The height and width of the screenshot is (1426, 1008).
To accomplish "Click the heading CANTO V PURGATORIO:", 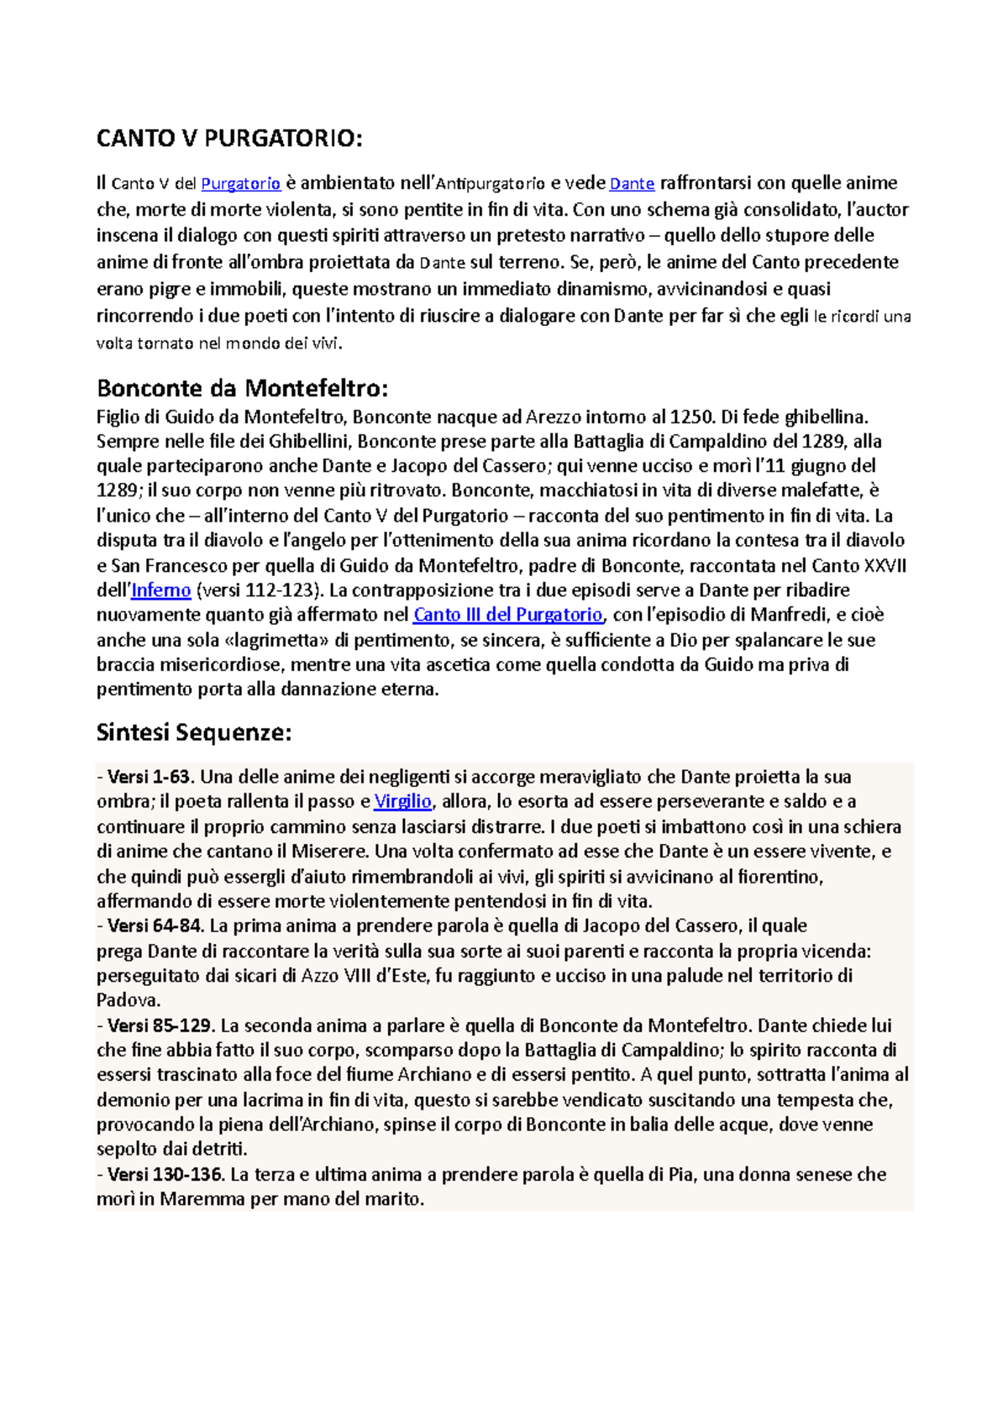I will [229, 139].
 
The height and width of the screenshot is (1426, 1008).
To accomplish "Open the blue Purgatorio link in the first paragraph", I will [240, 184].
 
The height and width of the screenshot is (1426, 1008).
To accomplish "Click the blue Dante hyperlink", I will [632, 184].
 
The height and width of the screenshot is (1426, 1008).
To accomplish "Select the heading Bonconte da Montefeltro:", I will [243, 388].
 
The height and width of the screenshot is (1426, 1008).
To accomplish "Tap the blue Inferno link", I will [161, 590].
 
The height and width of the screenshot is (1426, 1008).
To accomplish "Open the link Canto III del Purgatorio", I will [507, 615].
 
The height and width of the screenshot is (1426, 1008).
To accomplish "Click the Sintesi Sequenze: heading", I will [194, 732].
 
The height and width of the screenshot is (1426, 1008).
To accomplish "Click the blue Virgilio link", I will [402, 801].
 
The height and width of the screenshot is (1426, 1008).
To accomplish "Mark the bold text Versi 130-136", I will [165, 1175].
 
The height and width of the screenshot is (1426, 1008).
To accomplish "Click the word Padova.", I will [127, 1001].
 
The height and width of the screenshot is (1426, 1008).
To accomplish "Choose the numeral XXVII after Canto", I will [885, 565].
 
